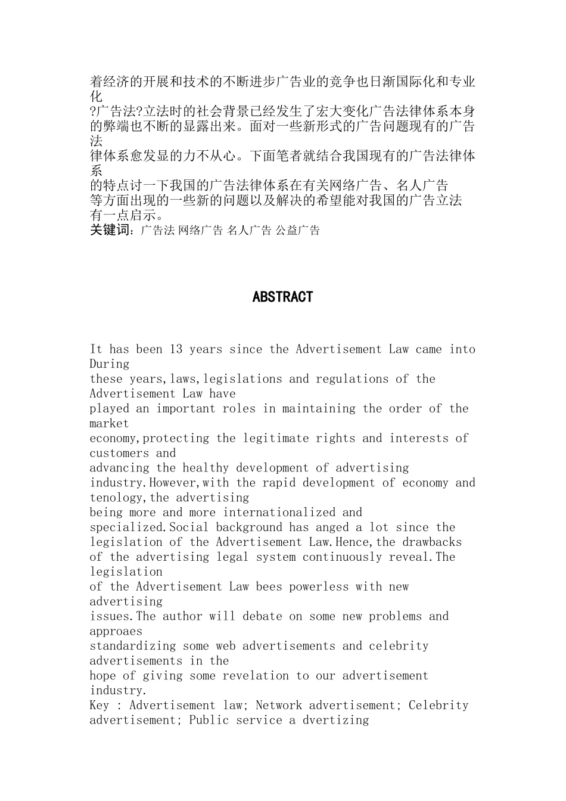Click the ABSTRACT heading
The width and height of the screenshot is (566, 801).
tap(282, 297)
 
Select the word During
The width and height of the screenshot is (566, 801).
tap(110, 364)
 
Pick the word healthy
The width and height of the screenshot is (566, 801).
tap(206, 468)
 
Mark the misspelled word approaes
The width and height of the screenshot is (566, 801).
tap(116, 631)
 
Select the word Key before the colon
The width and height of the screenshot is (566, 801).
tap(99, 706)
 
